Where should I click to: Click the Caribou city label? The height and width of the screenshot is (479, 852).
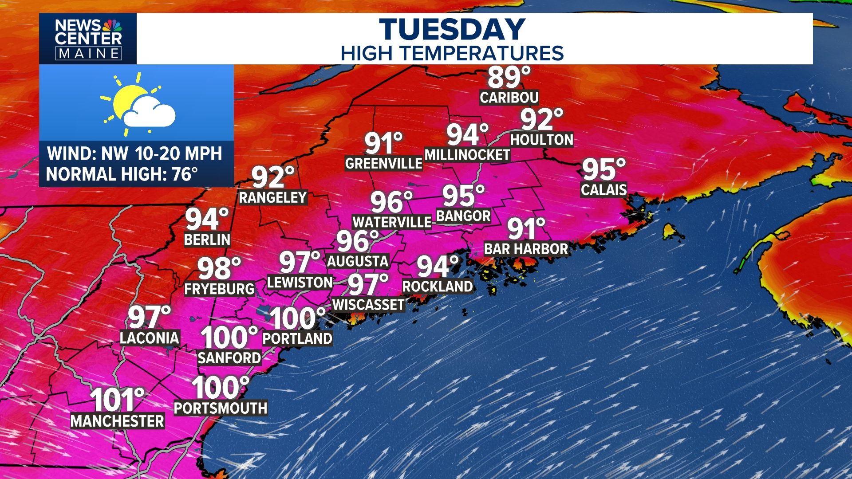(x=509, y=98)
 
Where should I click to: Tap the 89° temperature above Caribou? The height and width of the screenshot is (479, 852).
(x=508, y=77)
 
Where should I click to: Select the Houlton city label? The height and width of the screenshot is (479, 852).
(x=541, y=140)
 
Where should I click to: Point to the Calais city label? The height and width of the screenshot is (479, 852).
(x=603, y=190)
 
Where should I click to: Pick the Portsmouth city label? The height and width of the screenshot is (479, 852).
(x=221, y=408)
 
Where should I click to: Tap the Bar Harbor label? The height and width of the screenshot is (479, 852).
(x=526, y=249)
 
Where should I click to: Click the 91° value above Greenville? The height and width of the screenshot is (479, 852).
(x=383, y=143)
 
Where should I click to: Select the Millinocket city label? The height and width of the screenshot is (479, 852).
(x=467, y=155)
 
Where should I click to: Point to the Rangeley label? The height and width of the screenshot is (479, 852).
(x=273, y=197)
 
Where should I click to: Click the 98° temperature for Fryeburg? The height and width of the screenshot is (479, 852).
(x=219, y=268)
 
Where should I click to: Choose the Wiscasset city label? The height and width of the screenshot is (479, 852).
(x=368, y=305)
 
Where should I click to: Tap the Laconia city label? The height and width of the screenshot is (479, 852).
(x=150, y=338)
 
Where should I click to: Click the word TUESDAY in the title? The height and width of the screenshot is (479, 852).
(x=452, y=30)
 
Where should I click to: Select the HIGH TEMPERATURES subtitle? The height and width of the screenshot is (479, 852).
(x=452, y=54)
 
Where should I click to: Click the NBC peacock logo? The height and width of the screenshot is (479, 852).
(x=112, y=25)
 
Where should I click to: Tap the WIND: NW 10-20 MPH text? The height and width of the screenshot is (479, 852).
(x=134, y=153)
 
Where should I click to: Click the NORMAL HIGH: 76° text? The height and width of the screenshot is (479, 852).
(x=122, y=174)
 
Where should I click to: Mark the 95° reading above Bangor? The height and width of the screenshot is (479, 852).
(x=463, y=196)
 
